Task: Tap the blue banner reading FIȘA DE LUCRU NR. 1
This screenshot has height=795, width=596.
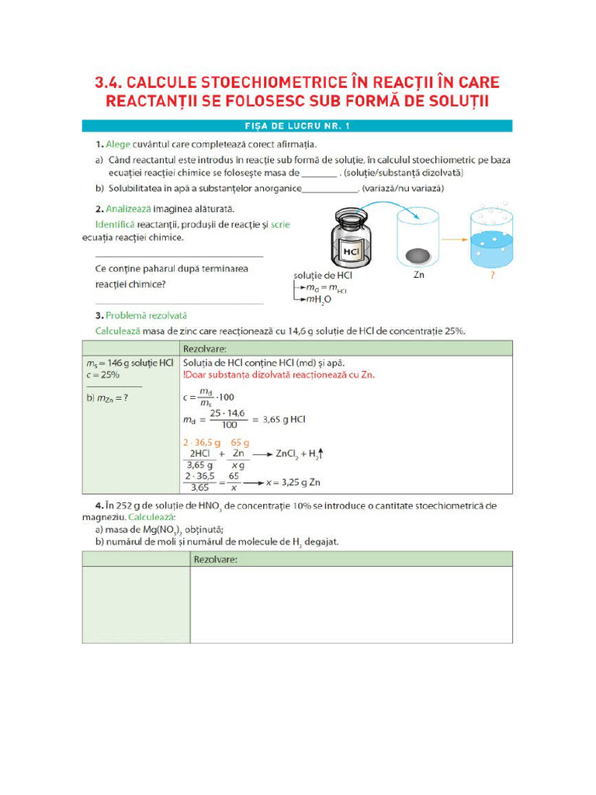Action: coord(297,125)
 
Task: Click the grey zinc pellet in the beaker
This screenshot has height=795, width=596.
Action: coord(418,254)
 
